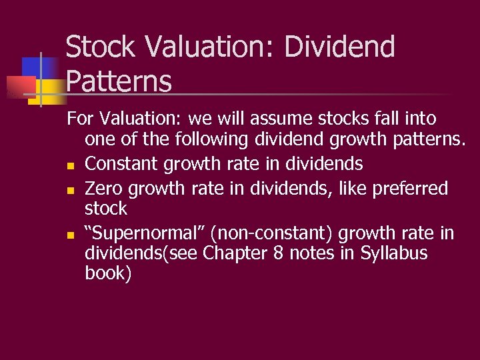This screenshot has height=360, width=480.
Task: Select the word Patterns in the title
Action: point(119,81)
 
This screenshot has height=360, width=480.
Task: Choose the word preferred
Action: point(410,189)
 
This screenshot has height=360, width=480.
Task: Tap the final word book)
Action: point(109,273)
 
